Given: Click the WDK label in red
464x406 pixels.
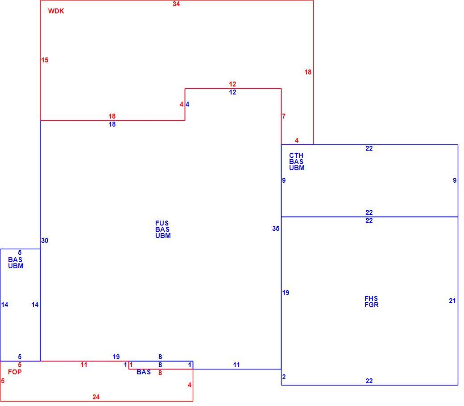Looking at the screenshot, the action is (56, 11).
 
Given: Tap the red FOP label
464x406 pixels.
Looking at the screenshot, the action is (15, 372).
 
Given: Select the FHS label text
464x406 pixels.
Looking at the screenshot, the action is (371, 299).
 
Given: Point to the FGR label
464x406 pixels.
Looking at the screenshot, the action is (371, 305).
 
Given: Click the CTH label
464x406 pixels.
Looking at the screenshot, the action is (296, 156).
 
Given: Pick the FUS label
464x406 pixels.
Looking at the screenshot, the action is (162, 223).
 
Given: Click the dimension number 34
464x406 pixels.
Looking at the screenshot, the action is (176, 4).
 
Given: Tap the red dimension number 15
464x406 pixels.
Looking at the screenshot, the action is (45, 60).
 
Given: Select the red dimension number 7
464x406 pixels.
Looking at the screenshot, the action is (284, 116).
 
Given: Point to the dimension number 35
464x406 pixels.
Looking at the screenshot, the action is (276, 229).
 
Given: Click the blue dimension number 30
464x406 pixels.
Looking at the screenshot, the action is (45, 241).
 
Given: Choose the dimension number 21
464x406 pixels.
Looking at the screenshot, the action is (452, 301).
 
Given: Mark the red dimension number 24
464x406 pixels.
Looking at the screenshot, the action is (96, 397).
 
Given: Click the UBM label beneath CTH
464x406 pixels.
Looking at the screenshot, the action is (297, 168).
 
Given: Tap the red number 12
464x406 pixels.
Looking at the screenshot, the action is (232, 84).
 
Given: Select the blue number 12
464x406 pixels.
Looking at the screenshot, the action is (232, 92).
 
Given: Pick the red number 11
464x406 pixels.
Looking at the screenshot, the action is (84, 365).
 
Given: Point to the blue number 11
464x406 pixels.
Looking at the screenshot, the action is (236, 365).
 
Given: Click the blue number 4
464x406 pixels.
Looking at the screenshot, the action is (187, 104).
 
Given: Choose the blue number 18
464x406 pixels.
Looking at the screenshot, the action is (112, 124).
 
